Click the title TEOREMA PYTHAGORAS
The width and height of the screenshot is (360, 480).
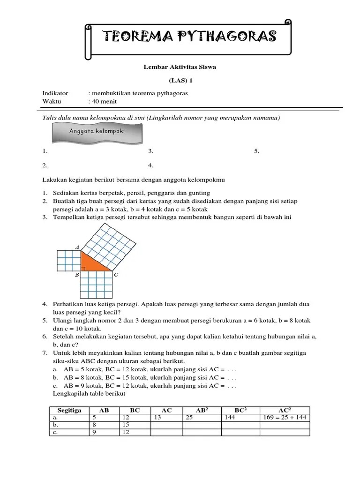coord(189,36)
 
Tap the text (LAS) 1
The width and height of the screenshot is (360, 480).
coord(180,80)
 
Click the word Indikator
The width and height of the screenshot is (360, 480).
coord(55,93)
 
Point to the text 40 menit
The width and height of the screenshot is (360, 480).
coord(104,101)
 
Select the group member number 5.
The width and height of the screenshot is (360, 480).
coord(256,151)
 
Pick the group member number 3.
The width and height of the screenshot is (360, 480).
coord(150,151)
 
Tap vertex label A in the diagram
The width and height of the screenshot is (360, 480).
coord(77,247)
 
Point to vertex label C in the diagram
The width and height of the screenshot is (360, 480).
coord(116,275)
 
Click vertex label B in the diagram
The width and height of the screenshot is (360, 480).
coord(76,275)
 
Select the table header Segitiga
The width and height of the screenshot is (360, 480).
coord(69,410)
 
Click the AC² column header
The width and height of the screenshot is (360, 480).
coord(285,410)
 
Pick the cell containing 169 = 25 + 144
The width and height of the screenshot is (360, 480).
coord(285,417)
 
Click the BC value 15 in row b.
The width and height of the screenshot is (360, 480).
coord(126,425)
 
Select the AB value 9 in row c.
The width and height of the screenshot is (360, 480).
coord(94,432)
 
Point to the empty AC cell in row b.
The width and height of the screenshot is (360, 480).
coord(166,425)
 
